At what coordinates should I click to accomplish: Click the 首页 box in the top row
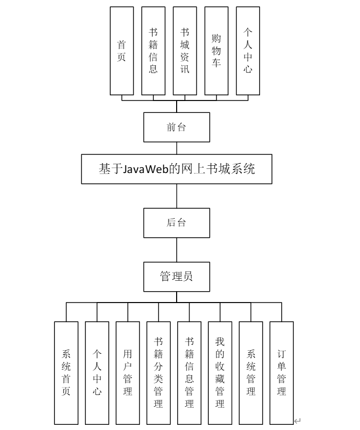click(122, 51)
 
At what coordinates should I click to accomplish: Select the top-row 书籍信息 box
click(153, 51)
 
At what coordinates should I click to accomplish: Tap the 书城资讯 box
click(185, 51)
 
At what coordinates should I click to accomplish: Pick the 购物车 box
click(217, 51)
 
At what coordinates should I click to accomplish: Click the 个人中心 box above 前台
click(248, 51)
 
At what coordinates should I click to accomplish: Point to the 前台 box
click(177, 127)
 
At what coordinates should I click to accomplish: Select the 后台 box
click(177, 223)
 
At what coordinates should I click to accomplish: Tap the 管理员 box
click(177, 276)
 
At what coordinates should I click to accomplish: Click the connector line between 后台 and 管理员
click(177, 250)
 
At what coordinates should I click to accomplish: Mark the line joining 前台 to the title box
click(177, 148)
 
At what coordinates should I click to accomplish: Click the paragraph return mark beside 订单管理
click(297, 421)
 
